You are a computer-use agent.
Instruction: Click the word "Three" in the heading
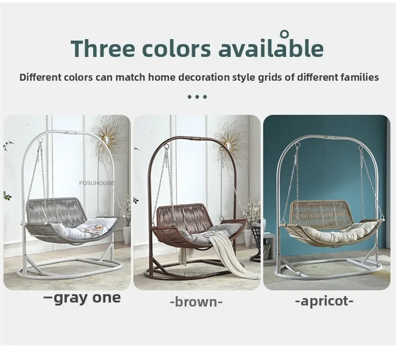coord(103,48)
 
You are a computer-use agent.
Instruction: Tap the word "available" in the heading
coord(271,48)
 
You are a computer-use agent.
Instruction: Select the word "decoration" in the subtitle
coord(204,77)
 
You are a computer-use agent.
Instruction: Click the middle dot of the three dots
coord(197,97)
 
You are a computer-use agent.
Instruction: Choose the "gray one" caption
coord(82,299)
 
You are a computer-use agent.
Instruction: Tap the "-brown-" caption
coord(196,302)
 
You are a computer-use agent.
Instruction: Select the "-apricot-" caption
coord(324,301)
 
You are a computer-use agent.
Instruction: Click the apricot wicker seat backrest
coord(320,212)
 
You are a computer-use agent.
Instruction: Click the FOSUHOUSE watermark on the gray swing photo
coord(97,183)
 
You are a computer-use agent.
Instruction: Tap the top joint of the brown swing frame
coord(194,139)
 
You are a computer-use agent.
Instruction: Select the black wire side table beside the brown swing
coord(256,243)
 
